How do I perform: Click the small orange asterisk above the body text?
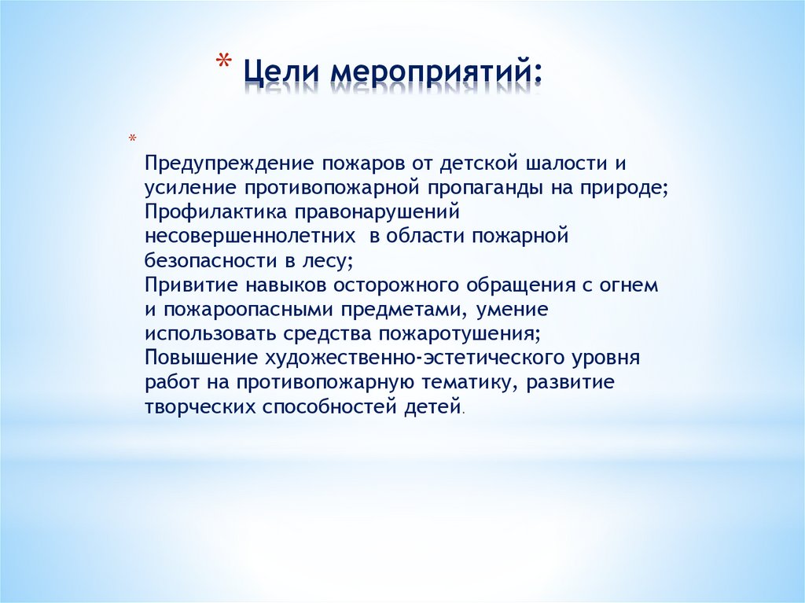tap(133, 140)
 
